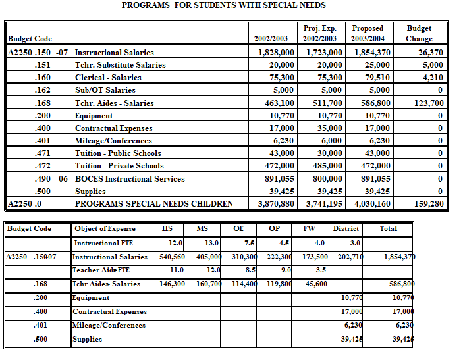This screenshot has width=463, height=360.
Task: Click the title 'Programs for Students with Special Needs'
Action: point(224,5)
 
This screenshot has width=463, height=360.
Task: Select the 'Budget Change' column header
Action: point(419,34)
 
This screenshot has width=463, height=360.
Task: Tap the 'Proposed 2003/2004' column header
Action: point(368,34)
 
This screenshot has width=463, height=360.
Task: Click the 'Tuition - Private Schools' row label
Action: point(119,166)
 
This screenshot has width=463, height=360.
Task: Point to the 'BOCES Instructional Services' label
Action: point(130,178)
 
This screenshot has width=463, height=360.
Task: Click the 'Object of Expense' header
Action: point(104,228)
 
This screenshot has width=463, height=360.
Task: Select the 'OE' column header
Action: point(238,228)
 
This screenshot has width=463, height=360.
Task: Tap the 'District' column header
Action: point(346,228)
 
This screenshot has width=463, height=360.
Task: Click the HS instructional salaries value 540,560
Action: point(167,257)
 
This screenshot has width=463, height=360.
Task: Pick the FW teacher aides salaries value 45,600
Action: point(315,284)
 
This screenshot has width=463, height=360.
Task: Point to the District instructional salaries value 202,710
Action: point(348,257)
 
